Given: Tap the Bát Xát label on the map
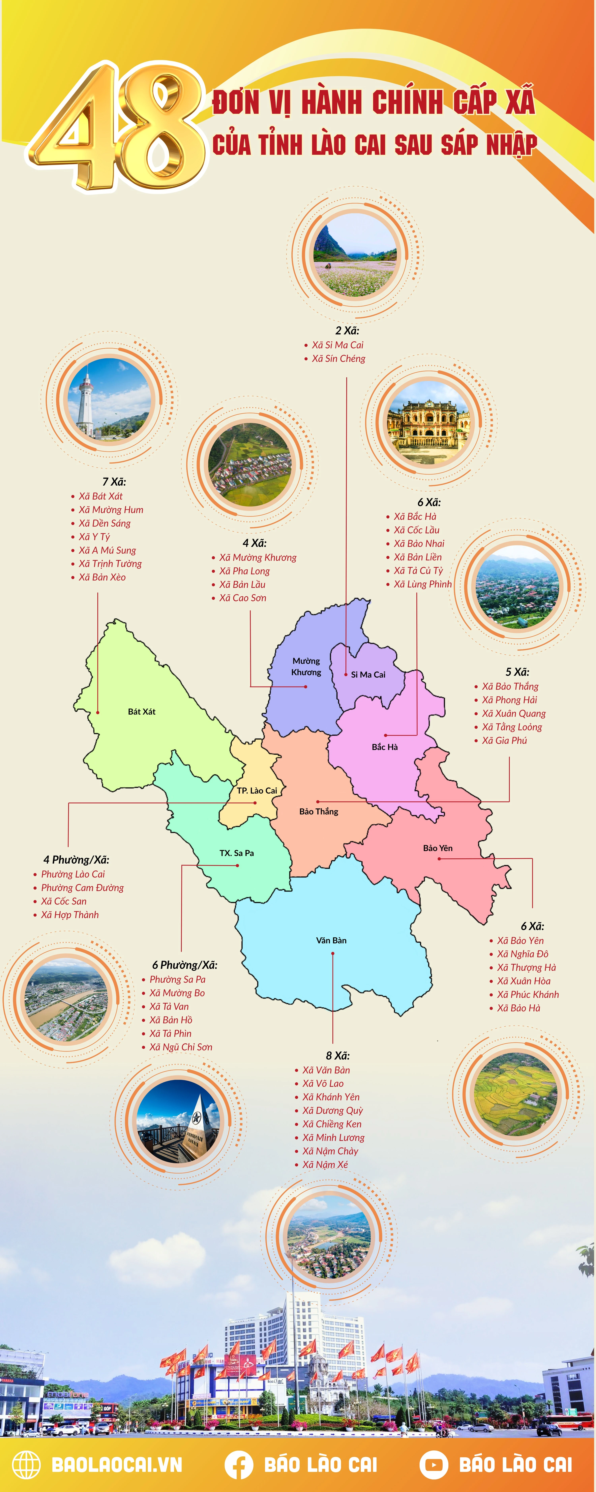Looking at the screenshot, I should (x=142, y=711).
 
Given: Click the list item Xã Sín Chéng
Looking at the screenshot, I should (x=339, y=358).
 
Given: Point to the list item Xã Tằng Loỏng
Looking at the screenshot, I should (x=512, y=727).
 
